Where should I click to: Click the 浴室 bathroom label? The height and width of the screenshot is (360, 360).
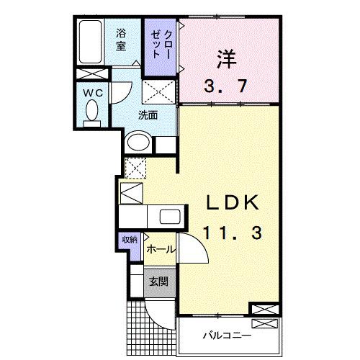[x=122, y=37]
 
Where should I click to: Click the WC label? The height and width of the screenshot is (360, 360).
[x=91, y=91]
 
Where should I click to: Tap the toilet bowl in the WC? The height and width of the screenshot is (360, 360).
[x=91, y=112]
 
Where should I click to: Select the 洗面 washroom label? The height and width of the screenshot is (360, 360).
[x=148, y=115]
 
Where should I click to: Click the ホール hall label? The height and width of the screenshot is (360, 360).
[x=160, y=248]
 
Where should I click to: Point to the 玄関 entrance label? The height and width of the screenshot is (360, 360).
[x=159, y=282]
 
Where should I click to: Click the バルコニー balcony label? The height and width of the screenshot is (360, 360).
[x=226, y=336]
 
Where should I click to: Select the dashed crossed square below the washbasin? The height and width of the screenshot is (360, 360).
[x=135, y=167]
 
